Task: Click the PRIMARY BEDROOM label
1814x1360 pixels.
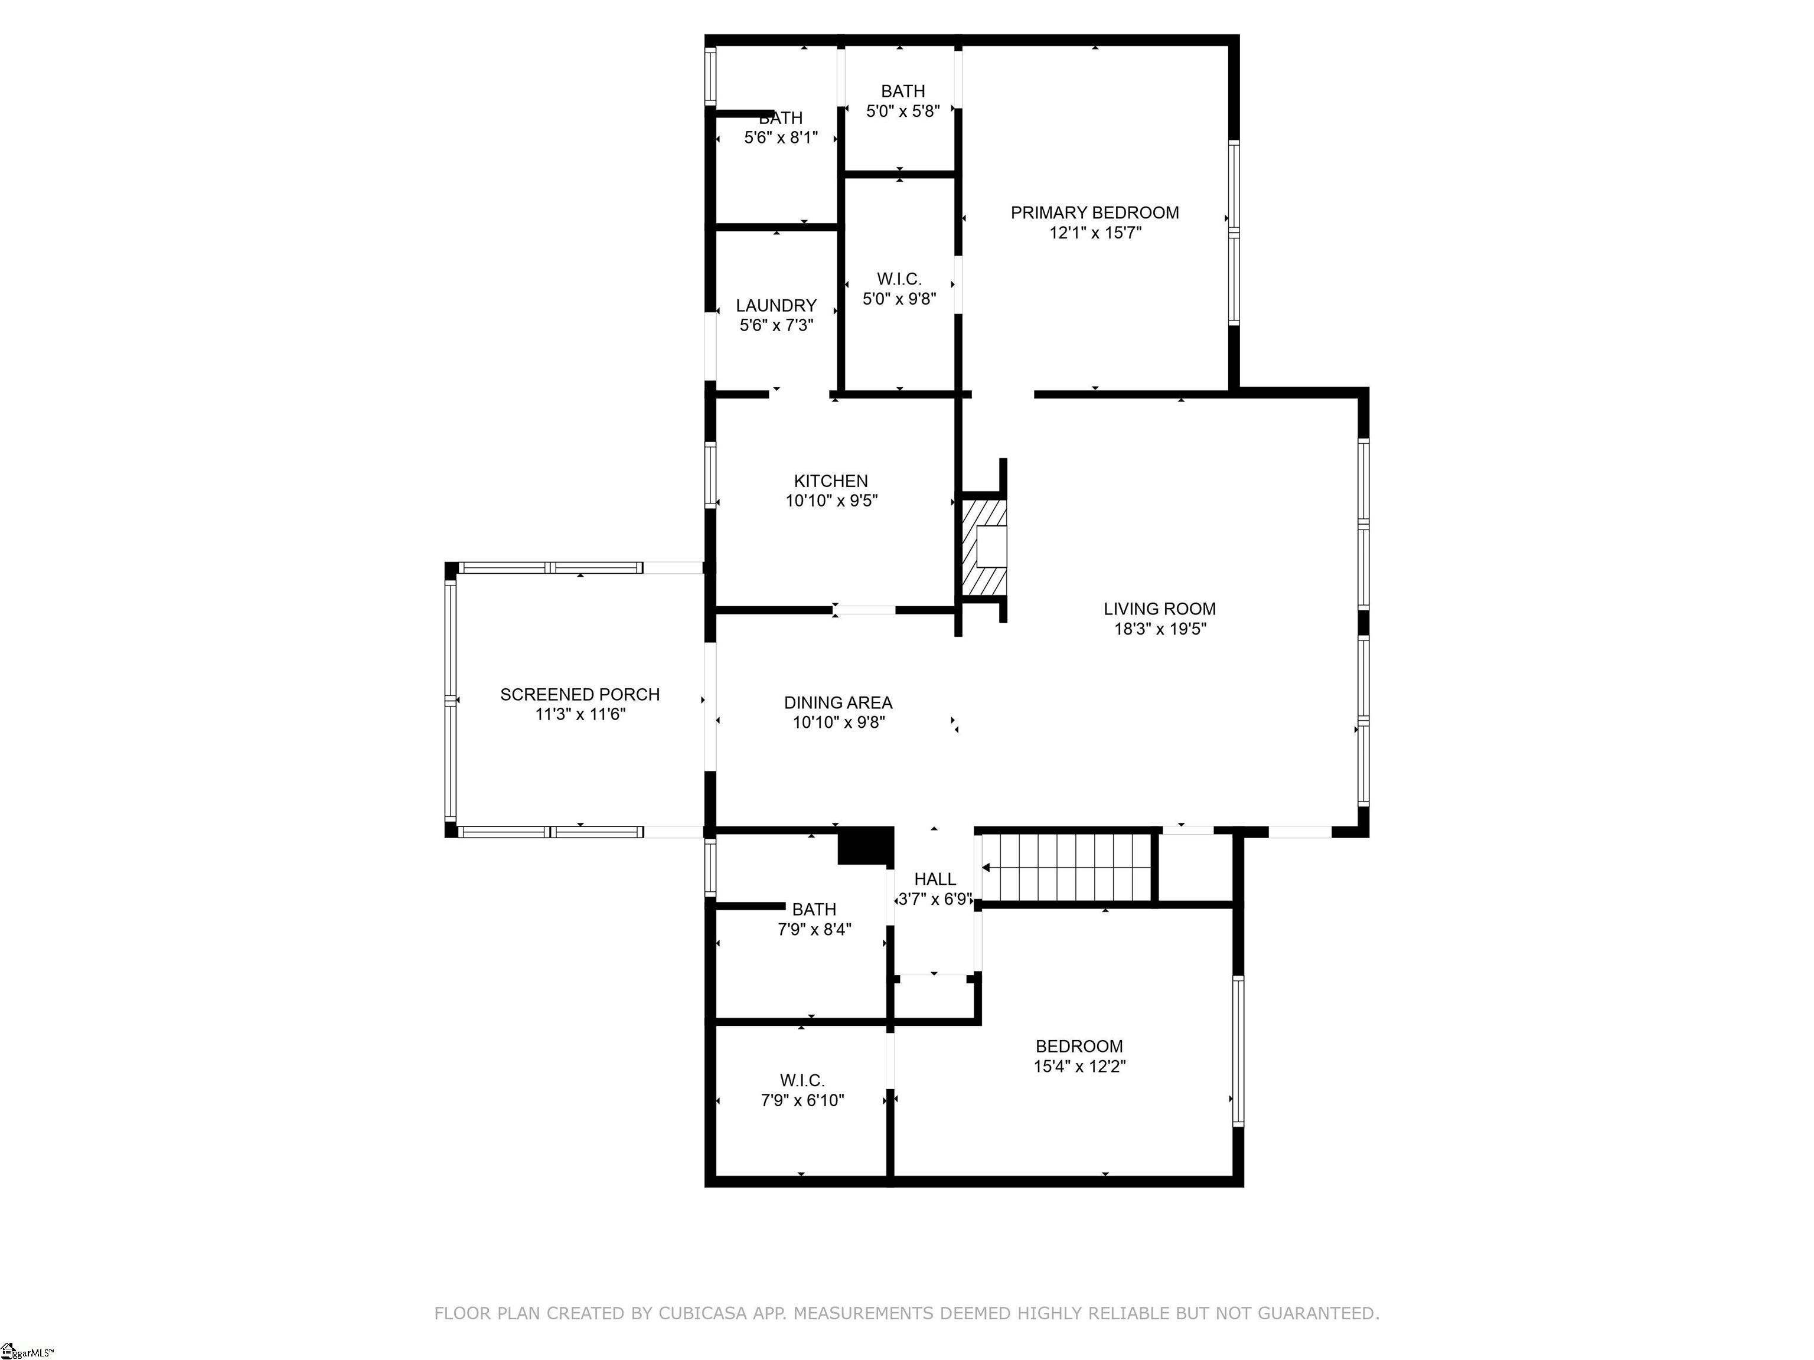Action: (x=1095, y=212)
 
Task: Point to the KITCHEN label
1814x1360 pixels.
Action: (x=831, y=481)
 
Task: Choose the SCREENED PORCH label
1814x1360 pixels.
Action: (x=580, y=694)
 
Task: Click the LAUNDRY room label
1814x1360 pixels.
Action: (x=776, y=306)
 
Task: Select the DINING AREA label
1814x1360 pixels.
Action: (x=838, y=702)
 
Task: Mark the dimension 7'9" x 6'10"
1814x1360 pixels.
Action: (x=802, y=1100)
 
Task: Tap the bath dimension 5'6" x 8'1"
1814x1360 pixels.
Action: (x=781, y=138)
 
